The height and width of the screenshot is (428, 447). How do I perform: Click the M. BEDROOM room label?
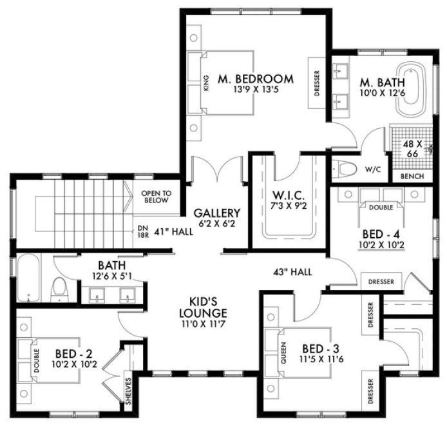[255, 79]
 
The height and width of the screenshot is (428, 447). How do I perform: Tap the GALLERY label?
[217, 213]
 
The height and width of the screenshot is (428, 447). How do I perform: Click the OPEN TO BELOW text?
[155, 197]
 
